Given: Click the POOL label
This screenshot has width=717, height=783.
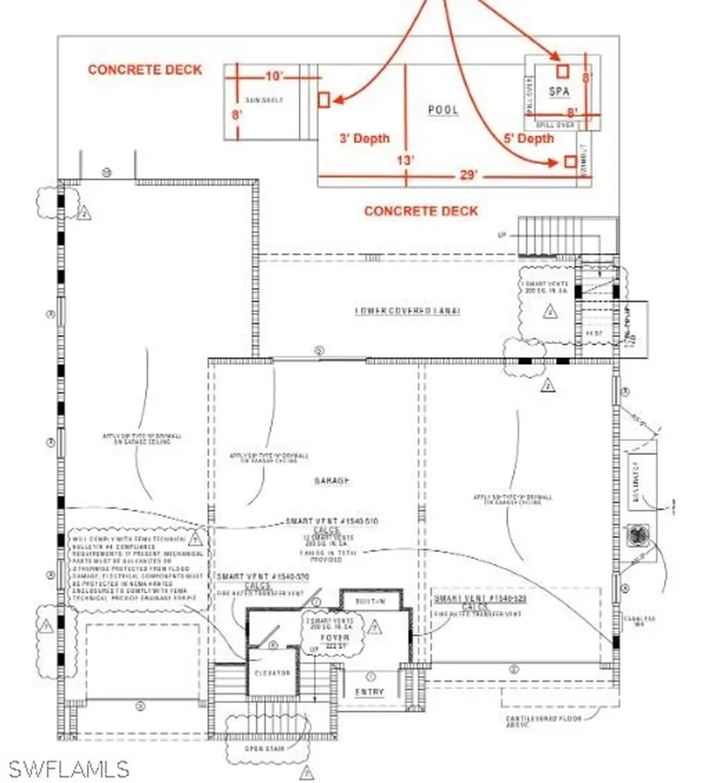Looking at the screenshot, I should pos(443,110).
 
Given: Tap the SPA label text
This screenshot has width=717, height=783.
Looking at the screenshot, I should pos(560,91).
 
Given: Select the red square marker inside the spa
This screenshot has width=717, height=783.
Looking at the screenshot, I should pos(563,71).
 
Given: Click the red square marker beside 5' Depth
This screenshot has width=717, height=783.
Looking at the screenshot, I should pos(569,162).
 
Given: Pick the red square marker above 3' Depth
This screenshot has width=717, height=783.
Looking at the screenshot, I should pos(323,99).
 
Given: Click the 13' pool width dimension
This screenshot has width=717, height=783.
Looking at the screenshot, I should pos(406,160).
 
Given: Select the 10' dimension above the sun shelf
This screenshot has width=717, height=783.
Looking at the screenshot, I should pos(274,76).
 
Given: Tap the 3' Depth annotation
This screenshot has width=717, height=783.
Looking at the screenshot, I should pos(365,138).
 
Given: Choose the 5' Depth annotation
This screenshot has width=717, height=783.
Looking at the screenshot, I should pos(529,138).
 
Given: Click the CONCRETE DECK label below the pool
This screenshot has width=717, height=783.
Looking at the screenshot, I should pos(421,210).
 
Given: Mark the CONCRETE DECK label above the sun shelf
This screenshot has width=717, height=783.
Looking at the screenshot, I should pos(145,70).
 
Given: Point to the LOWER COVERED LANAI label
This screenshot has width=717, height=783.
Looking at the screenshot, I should pos(410,311).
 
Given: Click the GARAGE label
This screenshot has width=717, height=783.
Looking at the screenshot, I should pos(331,480).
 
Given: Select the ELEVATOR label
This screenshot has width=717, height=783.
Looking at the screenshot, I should pos(268,672).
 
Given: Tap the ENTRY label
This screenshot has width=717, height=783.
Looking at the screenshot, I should pos(370,692).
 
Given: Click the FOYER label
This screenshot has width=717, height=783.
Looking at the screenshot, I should pos(335,638).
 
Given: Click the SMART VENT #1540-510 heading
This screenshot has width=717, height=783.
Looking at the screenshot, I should pos(332,521).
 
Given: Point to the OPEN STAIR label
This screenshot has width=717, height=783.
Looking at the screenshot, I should pos(264,748).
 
